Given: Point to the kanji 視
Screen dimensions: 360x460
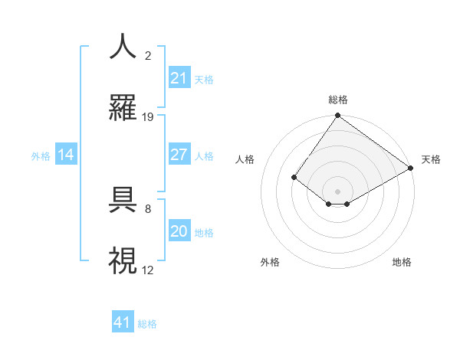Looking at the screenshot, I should coord(123,261).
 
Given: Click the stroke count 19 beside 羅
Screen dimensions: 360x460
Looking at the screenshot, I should coord(148,117).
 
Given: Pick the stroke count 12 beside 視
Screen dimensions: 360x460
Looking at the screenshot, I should coord(148,270).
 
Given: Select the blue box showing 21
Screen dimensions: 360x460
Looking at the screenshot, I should coord(179,78).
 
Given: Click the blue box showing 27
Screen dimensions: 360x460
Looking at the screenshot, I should coord(179,155).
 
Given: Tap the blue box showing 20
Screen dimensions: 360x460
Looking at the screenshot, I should coord(179,231).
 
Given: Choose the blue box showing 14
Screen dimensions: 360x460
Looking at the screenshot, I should coord(66,155).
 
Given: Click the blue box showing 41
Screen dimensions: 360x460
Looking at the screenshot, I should coord(123,322).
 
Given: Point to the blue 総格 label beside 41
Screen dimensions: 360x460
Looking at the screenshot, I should coord(147,324).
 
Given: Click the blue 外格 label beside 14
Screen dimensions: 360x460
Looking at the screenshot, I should coord(41,156).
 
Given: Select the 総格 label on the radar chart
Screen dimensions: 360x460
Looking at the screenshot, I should coord(337,100).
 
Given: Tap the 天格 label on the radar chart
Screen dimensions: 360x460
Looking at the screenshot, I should coord(431,159).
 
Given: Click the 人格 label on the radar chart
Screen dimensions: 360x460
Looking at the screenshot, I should coord(245,159).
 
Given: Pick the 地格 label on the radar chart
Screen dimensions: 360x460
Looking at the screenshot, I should coord(402,262).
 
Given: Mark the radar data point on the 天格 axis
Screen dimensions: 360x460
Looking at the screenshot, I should coord(411,168).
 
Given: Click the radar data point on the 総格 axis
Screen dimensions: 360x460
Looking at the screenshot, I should coord(337,116).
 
